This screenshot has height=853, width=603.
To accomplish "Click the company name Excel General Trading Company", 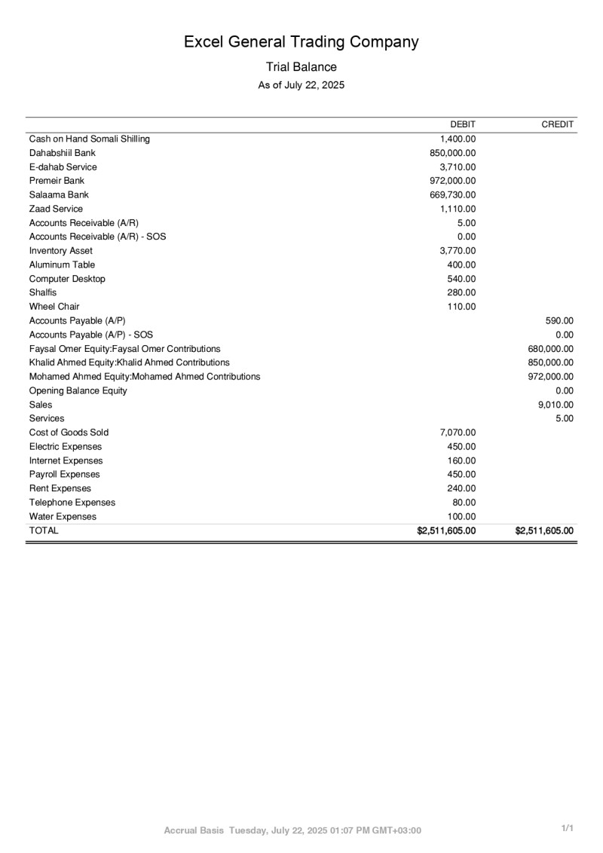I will [x=301, y=41].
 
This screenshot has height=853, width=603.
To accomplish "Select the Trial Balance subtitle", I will [x=301, y=67].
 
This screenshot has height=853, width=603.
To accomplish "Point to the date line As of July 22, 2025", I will [x=301, y=85].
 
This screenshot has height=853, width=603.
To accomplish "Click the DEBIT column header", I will [x=462, y=124].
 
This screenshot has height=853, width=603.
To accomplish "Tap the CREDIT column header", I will [x=558, y=124].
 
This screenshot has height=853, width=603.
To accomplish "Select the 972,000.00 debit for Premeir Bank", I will [x=452, y=181].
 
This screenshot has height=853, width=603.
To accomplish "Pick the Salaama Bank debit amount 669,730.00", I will [x=452, y=195].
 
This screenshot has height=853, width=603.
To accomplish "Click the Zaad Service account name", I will [x=56, y=209].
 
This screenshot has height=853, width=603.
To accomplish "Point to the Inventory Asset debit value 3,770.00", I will [x=458, y=251].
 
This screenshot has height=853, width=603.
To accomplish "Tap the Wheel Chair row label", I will [x=54, y=307].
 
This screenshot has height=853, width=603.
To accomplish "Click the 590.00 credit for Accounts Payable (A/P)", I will [x=559, y=321].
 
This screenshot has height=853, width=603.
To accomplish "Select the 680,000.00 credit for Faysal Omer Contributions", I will [x=551, y=349].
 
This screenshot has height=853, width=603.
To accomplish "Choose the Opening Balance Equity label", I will [x=78, y=390].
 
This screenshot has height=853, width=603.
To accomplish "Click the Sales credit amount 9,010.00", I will [x=556, y=405].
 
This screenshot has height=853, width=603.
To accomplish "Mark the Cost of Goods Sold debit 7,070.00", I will [x=458, y=433].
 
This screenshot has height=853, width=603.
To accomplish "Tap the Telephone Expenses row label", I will [x=72, y=503].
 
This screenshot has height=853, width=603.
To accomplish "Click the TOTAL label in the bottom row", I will [x=44, y=530].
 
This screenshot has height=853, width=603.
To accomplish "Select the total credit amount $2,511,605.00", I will [x=544, y=530].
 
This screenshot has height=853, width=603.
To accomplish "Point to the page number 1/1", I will [x=568, y=829].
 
